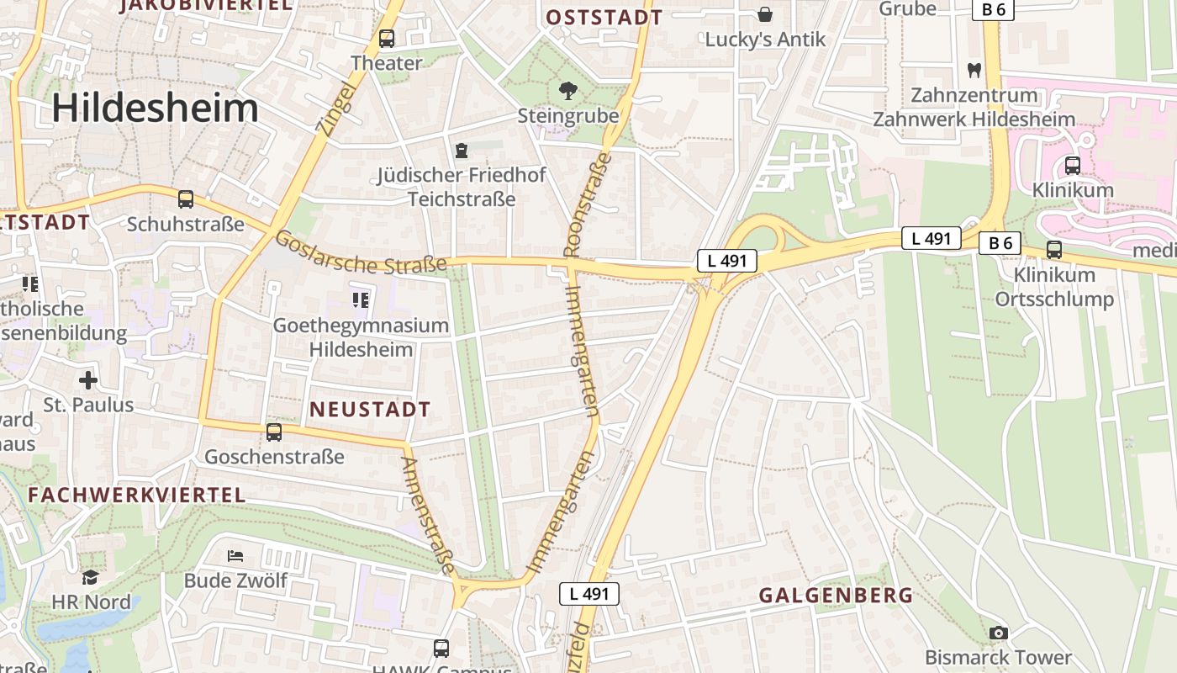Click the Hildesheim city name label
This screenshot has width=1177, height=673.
click(156, 109)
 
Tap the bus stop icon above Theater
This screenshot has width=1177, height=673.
click(387, 38)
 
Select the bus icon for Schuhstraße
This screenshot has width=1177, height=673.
click(186, 199)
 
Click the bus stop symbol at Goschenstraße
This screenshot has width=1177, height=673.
click(274, 432)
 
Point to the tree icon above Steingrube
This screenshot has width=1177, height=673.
click(568, 90)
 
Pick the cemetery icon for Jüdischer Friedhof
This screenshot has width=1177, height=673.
click(461, 151)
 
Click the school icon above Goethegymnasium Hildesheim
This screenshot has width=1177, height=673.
click(361, 299)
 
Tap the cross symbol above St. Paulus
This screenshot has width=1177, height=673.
click(88, 379)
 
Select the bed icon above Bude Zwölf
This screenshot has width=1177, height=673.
click(236, 556)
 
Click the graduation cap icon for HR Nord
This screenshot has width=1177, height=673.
click(91, 577)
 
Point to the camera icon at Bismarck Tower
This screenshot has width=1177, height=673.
click(998, 633)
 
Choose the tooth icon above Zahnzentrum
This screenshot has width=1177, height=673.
click(974, 70)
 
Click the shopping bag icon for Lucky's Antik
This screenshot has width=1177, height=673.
click(765, 14)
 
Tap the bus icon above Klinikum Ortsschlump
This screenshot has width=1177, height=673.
click(1054, 249)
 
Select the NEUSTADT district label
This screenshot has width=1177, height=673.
click(370, 410)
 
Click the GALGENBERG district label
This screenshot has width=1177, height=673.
click(836, 596)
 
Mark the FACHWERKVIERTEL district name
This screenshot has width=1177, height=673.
click(137, 495)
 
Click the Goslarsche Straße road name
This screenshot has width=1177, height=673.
click(362, 253)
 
